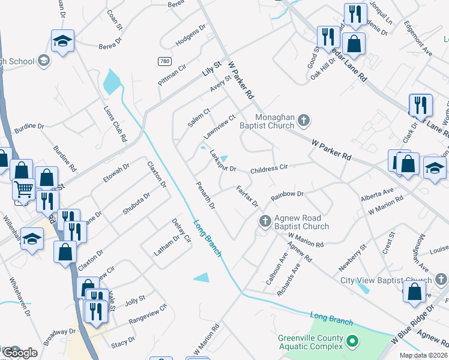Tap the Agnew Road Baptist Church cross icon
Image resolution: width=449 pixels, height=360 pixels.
(x=264, y=222)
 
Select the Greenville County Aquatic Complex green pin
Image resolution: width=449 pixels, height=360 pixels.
(x=353, y=343)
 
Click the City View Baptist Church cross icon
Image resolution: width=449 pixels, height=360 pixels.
(x=441, y=280)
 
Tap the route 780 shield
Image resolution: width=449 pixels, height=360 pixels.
(x=164, y=62)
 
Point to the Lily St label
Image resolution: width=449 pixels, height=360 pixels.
(x=212, y=67)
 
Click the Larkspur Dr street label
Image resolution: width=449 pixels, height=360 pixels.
(x=223, y=161)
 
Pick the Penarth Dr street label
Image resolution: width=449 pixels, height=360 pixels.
(x=205, y=196)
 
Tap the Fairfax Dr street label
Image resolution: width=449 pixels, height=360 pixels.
(x=247, y=197)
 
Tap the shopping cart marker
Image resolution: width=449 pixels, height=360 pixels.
(x=23, y=189)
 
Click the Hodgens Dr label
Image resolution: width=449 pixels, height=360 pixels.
(x=190, y=35)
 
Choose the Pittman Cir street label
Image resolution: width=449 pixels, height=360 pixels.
(x=173, y=76)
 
